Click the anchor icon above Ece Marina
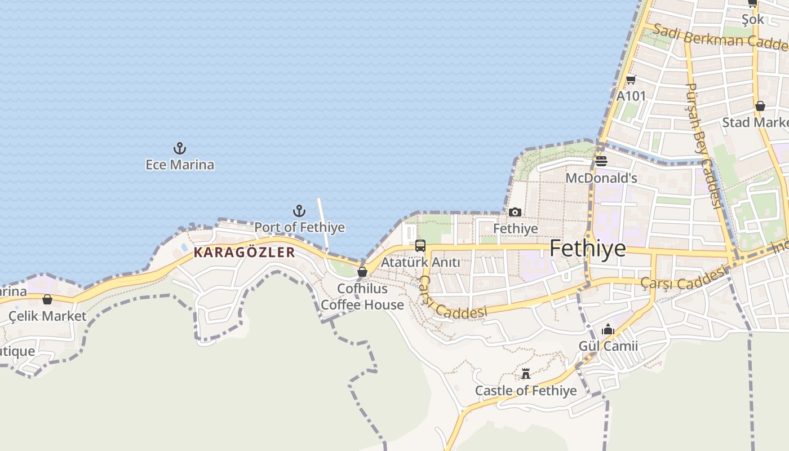179,149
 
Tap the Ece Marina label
180,165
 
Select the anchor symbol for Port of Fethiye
299,211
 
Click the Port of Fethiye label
299,227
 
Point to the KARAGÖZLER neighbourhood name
244,252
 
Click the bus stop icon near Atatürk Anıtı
420,246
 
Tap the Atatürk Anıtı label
420,262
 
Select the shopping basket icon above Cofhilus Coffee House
362,272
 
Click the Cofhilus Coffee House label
362,297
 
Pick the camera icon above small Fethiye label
515,213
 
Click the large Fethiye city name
587,248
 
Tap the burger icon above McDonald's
601,162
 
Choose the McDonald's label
601,178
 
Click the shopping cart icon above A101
631,80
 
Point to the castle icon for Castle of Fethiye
526,374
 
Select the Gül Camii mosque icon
608,329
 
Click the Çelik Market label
47,316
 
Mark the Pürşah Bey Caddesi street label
704,145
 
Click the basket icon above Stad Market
760,106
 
